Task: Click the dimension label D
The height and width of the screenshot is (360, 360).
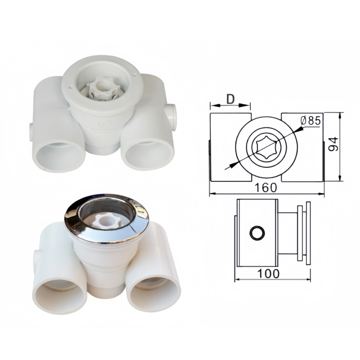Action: point(231,99)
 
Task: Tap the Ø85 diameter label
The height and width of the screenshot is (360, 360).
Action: point(310,120)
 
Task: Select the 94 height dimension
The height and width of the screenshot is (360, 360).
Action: point(333,144)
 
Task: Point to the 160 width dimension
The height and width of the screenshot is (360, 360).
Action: point(266,188)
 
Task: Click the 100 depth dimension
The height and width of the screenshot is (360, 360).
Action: point(268,274)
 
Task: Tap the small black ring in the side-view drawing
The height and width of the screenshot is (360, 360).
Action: point(257,233)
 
